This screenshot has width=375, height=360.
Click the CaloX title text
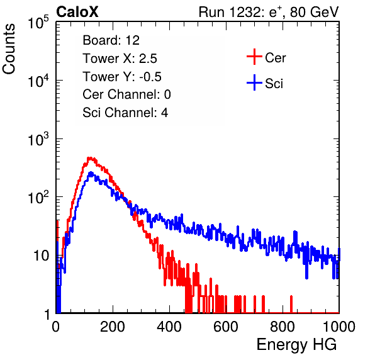coord(77,12)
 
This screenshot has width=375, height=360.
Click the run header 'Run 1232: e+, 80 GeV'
coord(269,12)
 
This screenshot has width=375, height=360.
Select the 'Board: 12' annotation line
coord(111,40)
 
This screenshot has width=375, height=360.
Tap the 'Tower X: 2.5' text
coord(120,59)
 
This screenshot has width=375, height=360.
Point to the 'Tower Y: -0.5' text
coord(122,77)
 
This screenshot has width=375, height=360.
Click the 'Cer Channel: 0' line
coord(126,94)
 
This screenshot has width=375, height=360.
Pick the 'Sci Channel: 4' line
coord(125,113)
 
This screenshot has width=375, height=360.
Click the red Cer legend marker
coord(254,57)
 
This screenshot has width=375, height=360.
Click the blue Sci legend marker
coord(254,82)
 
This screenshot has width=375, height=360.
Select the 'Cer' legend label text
coord(275,58)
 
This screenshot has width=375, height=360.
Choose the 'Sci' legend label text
coord(274,84)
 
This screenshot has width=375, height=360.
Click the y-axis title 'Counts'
coord(9,49)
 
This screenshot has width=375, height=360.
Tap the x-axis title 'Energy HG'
coord(296,345)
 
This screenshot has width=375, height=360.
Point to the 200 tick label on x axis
coord(113,327)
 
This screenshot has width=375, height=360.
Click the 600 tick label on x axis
coord(226,327)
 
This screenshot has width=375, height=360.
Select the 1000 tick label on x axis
coord(339,327)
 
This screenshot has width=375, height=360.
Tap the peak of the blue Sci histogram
coord(91,172)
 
